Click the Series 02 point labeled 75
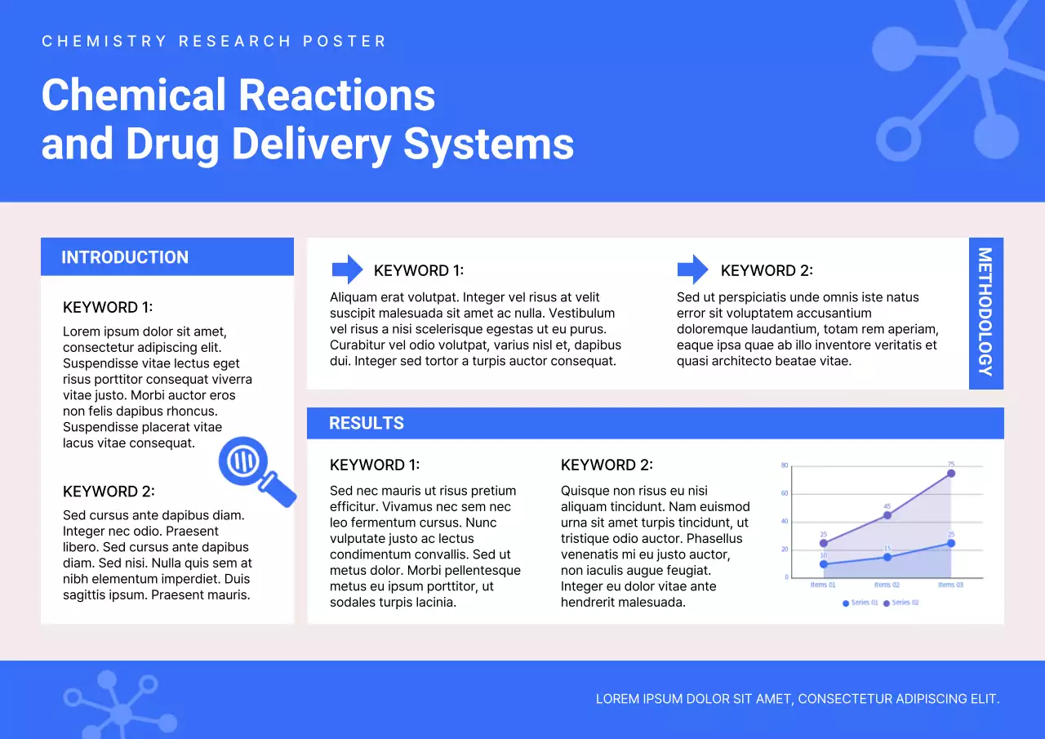951,473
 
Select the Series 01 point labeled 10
823,564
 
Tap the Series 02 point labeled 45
887,515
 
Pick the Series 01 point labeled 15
887,558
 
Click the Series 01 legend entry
861,603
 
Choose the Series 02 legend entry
901,603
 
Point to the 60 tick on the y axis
785,493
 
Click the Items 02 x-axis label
887,585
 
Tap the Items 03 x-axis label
950,585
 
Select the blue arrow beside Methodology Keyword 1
347,269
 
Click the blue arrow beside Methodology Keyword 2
693,269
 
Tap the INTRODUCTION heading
125,257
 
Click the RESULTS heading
367,423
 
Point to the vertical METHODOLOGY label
985,312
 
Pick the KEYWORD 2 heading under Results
607,465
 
